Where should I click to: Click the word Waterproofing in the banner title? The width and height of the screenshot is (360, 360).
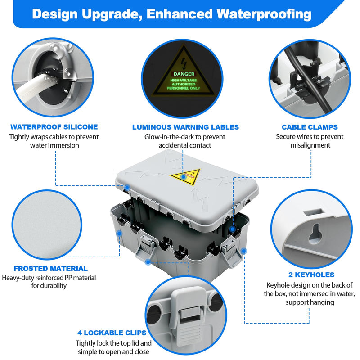[x=264, y=14]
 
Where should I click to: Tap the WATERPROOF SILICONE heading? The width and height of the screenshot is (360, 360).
[x=54, y=127]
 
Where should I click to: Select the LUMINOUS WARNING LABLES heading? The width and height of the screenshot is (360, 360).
[x=185, y=127]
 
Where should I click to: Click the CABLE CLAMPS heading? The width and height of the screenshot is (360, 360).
[x=310, y=127]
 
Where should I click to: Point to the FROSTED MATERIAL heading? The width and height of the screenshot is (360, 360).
[x=51, y=268]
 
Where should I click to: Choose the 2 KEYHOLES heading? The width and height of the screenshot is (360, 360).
[x=311, y=274]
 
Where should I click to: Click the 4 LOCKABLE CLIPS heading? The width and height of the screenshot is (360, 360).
[x=112, y=333]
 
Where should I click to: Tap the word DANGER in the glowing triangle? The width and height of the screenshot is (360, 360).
[x=184, y=74]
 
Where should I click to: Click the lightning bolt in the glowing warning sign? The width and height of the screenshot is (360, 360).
[x=184, y=63]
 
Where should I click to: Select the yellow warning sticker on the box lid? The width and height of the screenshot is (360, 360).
[x=186, y=176]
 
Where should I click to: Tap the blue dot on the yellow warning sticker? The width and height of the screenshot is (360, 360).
[x=184, y=177]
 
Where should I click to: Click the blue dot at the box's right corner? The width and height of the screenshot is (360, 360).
[x=244, y=251]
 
